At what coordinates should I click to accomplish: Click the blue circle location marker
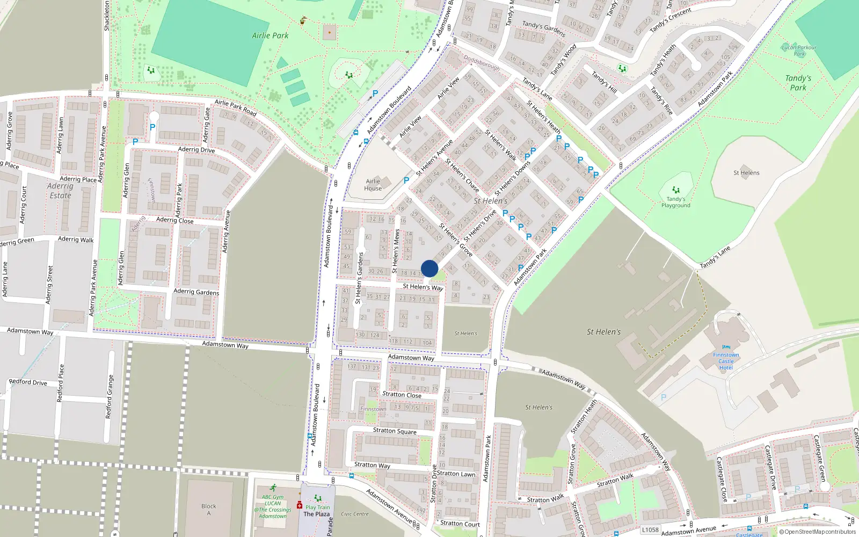pyautogui.click(x=429, y=268)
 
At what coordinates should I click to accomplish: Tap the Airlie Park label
pyautogui.click(x=270, y=35)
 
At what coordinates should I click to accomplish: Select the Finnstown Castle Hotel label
pyautogui.click(x=726, y=361)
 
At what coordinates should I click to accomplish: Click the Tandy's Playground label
pyautogui.click(x=675, y=202)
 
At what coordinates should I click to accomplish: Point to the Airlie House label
pyautogui.click(x=373, y=185)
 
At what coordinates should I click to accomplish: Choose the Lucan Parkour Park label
pyautogui.click(x=799, y=50)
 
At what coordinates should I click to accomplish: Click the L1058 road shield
pyautogui.click(x=650, y=530)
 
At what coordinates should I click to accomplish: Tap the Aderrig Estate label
pyautogui.click(x=60, y=191)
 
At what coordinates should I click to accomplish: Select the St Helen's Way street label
pyautogui.click(x=423, y=287)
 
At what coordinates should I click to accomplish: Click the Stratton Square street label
pyautogui.click(x=395, y=431)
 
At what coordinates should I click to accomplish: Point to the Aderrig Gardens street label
pyautogui.click(x=196, y=292)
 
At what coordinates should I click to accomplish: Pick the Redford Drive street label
pyautogui.click(x=28, y=382)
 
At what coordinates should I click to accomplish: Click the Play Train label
pyautogui.click(x=318, y=507)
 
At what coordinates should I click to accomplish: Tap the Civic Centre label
pyautogui.click(x=355, y=514)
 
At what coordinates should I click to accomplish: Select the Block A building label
pyautogui.click(x=209, y=510)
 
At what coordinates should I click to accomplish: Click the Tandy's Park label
pyautogui.click(x=798, y=83)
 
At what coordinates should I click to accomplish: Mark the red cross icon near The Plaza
pyautogui.click(x=300, y=505)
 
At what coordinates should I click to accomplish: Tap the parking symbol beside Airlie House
pyautogui.click(x=406, y=180)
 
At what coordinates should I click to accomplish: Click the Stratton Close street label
pyautogui.click(x=402, y=395)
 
